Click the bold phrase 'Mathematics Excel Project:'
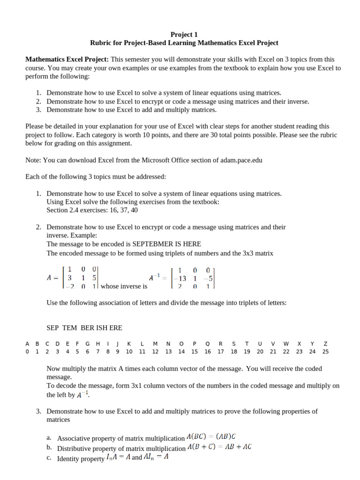(67, 60)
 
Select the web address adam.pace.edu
(241, 160)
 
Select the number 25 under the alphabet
(326, 352)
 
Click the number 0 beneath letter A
(27, 352)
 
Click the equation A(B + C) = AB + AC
(219, 447)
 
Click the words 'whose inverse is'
(124, 286)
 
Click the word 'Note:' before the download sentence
(33, 160)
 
